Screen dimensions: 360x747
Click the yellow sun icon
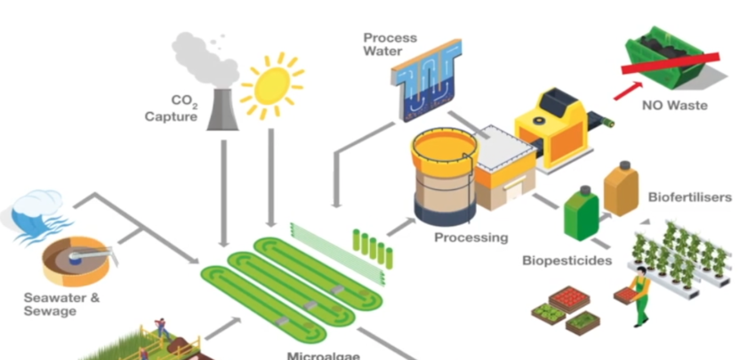click(x=271, y=85)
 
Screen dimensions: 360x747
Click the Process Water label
click(x=390, y=44)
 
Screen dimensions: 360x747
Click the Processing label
click(x=471, y=238)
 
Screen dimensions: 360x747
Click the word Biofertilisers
click(x=690, y=196)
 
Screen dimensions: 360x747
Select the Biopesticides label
click(x=566, y=261)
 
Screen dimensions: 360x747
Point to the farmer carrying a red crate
click(x=636, y=286)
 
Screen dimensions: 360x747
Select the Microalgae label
click(x=323, y=355)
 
